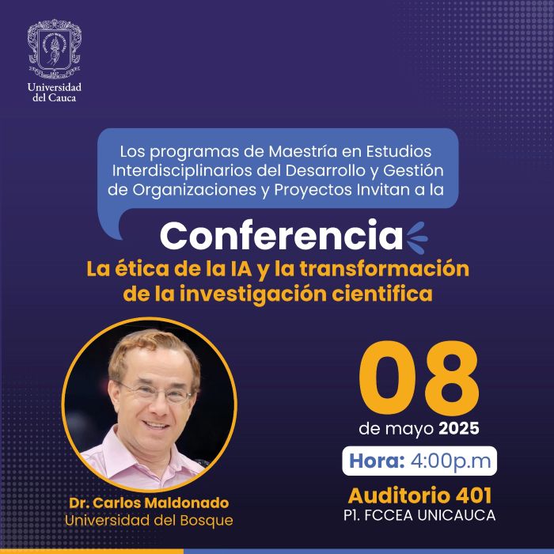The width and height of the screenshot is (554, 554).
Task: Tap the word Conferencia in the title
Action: [x=282, y=236]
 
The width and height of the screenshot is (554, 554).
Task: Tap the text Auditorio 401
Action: [x=420, y=496]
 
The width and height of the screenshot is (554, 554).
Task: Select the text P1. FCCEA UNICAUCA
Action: [x=420, y=516]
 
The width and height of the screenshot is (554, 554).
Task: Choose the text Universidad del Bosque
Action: [x=150, y=520]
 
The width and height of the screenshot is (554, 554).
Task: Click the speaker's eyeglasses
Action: [x=155, y=391]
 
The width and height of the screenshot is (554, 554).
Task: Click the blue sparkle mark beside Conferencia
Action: [x=416, y=236]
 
